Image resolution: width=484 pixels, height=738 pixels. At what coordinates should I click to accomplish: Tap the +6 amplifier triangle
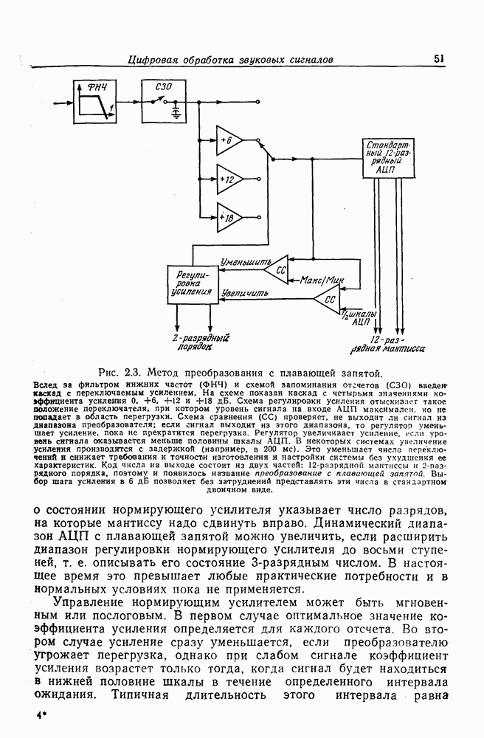pos(227,140)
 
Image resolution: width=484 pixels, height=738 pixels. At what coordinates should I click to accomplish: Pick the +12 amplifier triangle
pos(227,179)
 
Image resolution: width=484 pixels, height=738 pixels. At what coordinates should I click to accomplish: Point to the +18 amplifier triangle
pos(227,217)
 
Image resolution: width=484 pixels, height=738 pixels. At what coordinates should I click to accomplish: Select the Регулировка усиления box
pos(190,283)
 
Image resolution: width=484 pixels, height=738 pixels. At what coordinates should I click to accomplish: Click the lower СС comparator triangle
pos(327,300)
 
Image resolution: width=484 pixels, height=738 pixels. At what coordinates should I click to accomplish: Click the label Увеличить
pos(245,293)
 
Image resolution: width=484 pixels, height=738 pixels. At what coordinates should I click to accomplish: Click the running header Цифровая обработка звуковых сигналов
pos(232,58)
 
